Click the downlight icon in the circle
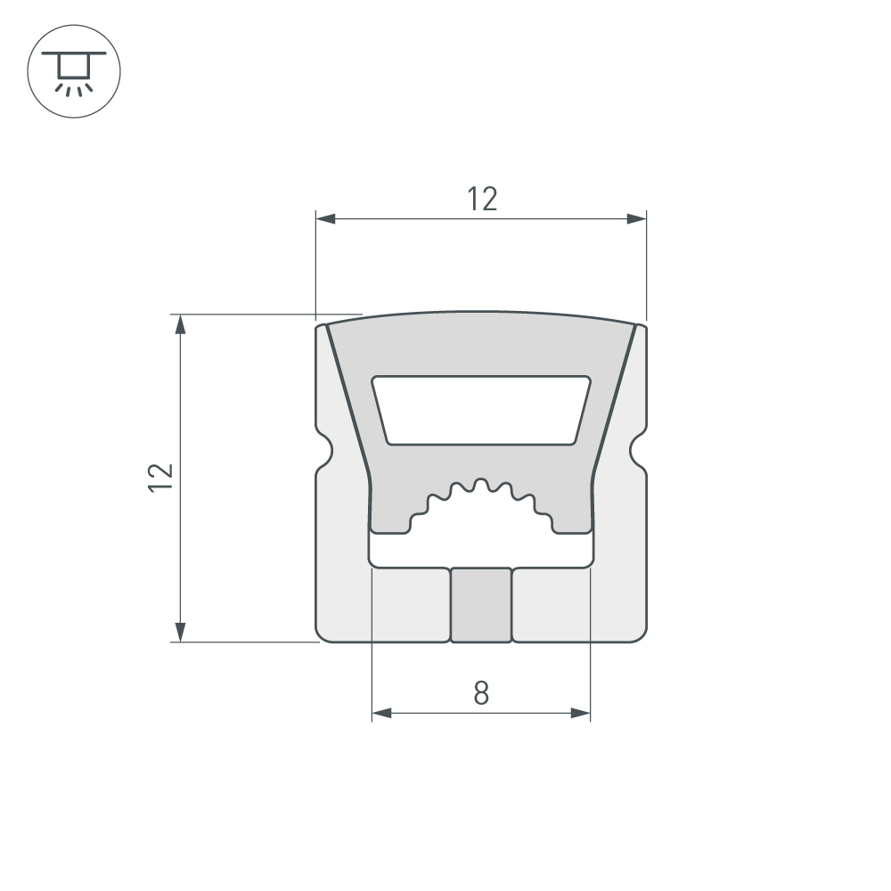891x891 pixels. click(x=74, y=73)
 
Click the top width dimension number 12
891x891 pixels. click(x=482, y=200)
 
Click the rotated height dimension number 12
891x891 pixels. click(x=160, y=478)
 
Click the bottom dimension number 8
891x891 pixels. click(x=481, y=693)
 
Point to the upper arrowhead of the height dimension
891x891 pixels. click(x=181, y=323)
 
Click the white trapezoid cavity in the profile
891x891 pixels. click(x=481, y=409)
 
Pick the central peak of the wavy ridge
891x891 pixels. click(x=481, y=484)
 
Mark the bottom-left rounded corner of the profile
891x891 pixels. click(x=323, y=634)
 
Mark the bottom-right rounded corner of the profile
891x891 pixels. click(x=640, y=634)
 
